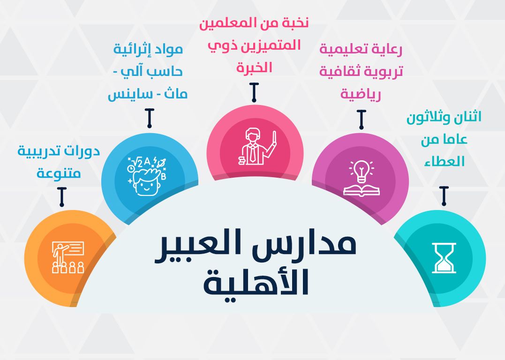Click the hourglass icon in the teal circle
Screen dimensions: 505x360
coord(444,258)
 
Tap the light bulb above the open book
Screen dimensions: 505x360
coord(362,171)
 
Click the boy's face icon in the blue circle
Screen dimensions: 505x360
coord(147,176)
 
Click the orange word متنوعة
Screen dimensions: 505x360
coord(59,173)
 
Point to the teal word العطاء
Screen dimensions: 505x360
coord(444,161)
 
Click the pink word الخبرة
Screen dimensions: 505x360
coord(254,67)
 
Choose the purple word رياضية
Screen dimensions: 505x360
coord(361,94)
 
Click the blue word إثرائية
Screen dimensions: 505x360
coord(133,50)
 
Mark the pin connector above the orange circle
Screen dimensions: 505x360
coord(62,197)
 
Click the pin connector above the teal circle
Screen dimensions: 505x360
coord(444,196)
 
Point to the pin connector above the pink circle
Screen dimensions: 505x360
coord(254,92)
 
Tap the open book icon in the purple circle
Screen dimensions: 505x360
coord(362,190)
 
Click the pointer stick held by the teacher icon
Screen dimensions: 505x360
coord(274,139)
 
